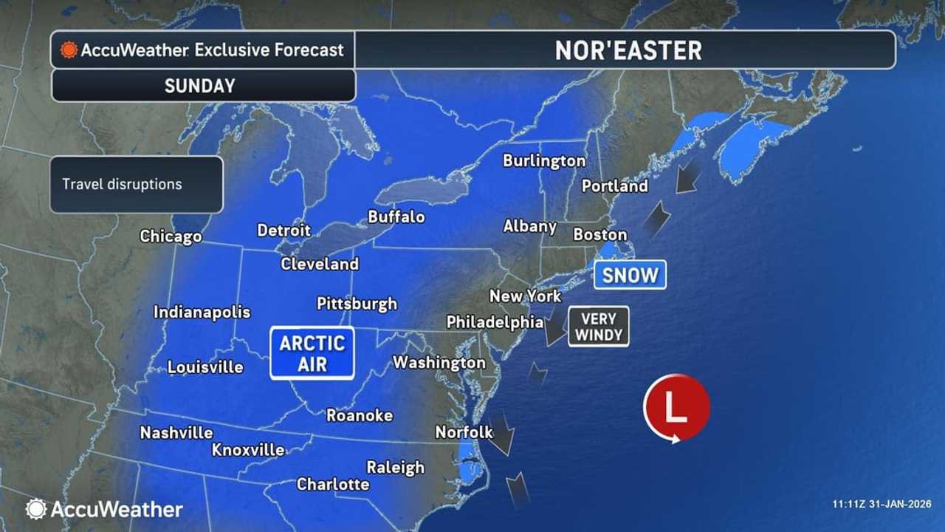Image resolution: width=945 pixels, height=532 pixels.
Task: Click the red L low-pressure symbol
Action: point(676,408)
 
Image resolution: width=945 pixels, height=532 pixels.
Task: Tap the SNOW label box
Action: point(630,275)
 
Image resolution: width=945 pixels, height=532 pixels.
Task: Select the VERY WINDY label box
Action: point(599,326)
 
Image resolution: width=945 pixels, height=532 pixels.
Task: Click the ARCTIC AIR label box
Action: point(312,353)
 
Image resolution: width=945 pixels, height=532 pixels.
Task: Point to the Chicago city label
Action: point(171,236)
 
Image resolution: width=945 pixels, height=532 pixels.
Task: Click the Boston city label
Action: point(599,234)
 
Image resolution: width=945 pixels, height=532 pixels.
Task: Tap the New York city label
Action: point(525,296)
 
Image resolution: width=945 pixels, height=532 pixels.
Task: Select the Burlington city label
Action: point(544,160)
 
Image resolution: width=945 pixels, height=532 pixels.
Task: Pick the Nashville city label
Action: point(176,433)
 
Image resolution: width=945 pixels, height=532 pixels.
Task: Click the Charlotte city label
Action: point(333,484)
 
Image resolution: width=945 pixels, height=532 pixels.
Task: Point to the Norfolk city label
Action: point(464,432)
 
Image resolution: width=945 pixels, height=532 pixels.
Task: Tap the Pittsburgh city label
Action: point(357,303)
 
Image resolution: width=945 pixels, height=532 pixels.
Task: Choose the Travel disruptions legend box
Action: point(137,185)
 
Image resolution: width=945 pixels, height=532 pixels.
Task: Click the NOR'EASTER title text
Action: point(628,50)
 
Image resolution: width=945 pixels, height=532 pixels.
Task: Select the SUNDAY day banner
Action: point(200,86)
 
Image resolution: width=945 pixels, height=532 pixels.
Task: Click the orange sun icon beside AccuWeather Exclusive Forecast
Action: point(69,50)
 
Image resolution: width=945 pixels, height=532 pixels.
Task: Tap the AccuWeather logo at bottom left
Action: point(104,509)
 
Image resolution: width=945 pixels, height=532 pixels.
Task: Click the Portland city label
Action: point(614,185)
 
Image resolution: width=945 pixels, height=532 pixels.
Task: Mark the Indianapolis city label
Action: point(202,313)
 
